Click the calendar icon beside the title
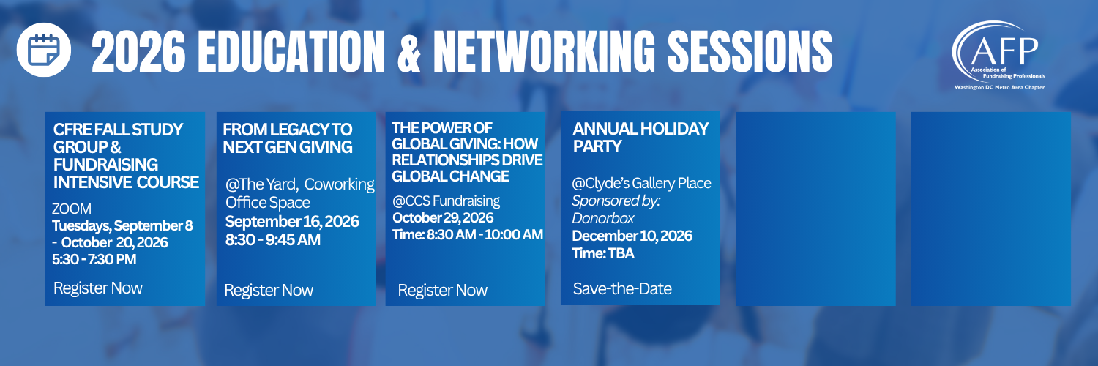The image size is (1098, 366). point(44,50)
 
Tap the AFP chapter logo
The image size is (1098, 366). point(998,56)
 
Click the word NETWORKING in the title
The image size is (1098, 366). point(544,51)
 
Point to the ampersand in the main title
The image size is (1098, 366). point(408,51)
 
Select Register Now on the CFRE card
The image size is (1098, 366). point(98,288)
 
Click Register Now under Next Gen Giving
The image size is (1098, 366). point(269,290)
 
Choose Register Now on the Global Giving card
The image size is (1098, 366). point(443,290)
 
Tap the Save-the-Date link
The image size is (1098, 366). point(622,288)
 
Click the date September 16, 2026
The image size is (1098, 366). point(292,222)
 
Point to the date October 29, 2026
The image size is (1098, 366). point(443,217)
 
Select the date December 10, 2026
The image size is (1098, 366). point(632,236)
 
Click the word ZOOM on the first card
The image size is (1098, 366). point(72,209)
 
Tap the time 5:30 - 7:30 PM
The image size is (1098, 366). point(94,259)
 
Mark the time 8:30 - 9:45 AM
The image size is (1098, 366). point(273,239)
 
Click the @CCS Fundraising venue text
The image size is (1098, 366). point(446,201)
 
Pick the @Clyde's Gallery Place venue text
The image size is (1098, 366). point(641,183)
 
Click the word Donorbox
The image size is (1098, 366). point(603,218)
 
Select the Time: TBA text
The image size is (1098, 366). point(603,253)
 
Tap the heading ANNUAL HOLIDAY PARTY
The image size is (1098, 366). point(640,138)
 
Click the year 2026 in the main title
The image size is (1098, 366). point(138,51)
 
